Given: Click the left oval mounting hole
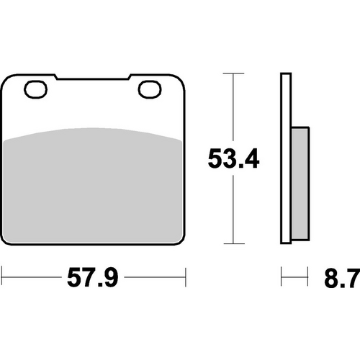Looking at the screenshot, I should [34, 90].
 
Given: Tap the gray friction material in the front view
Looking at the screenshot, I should [94, 187].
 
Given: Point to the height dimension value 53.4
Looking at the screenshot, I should [233, 158].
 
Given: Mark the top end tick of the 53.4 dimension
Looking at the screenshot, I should [232, 73].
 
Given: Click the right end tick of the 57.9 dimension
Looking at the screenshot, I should [186, 274].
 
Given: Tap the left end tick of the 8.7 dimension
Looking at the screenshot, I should [282, 274].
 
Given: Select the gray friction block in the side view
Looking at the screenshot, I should [300, 184].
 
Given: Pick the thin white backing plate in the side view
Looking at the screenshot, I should [285, 158].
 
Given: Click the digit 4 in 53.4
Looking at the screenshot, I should [248, 158].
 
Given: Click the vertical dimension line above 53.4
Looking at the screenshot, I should [232, 108].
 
